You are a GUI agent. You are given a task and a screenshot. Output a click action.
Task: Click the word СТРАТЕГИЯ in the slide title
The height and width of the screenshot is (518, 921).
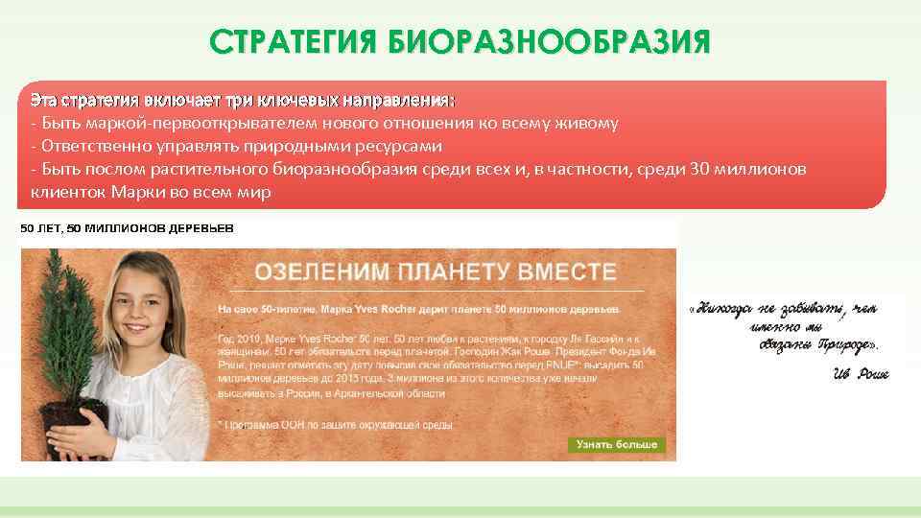tap(293, 43)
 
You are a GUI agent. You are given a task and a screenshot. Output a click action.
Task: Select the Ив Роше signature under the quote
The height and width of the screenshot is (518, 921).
tap(861, 372)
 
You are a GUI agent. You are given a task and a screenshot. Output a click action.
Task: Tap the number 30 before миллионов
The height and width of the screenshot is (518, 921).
tap(699, 169)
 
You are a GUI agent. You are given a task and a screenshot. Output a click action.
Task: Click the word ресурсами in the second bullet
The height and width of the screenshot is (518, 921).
tap(399, 146)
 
